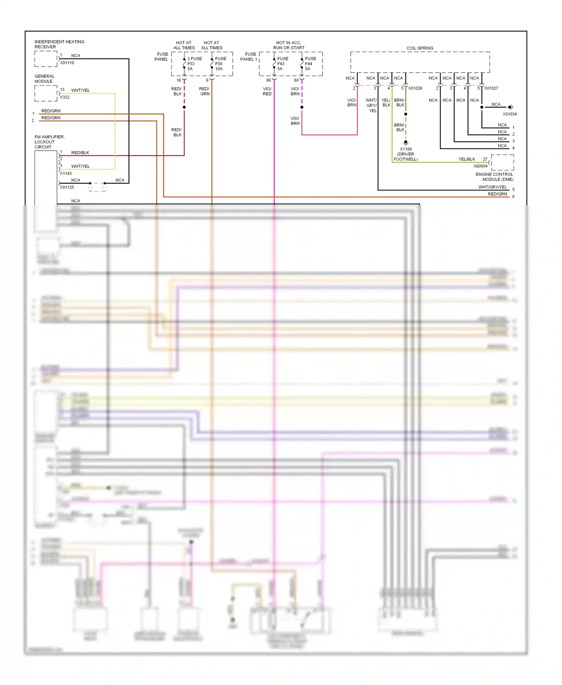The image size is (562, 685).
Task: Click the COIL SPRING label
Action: (420, 48)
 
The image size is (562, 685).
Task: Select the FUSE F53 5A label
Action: (194, 64)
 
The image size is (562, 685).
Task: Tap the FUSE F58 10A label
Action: (220, 64)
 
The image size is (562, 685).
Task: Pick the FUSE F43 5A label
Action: (282, 64)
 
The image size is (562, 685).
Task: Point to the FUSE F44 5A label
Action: (310, 64)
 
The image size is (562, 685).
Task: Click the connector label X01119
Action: (67, 63)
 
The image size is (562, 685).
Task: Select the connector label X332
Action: (65, 97)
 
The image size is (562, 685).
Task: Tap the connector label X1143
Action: (66, 173)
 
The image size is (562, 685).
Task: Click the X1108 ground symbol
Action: (405, 142)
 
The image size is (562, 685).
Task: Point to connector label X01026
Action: (415, 88)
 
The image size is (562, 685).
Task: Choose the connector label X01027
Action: (491, 88)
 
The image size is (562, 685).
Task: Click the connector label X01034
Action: (510, 114)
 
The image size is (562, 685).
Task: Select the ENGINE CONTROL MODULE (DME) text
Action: (494, 177)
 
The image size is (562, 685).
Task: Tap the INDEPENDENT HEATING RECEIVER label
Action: (59, 44)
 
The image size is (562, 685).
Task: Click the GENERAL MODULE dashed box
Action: (46, 93)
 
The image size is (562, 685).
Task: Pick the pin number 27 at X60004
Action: (485, 159)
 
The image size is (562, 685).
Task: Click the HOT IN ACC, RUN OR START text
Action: (288, 45)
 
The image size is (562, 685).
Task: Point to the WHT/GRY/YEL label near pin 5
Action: (492, 187)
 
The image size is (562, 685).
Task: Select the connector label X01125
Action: (67, 187)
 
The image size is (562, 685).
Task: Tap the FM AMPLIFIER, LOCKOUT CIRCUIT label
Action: (49, 142)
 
